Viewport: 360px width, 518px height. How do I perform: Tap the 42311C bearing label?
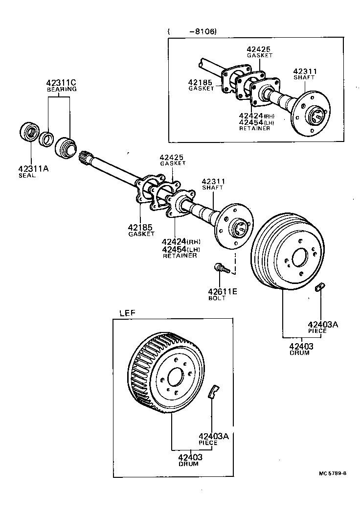61,83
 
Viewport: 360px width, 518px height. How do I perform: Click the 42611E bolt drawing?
222,268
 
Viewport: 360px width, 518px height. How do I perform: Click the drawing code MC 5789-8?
333,473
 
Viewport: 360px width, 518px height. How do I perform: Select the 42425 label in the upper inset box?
258,49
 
